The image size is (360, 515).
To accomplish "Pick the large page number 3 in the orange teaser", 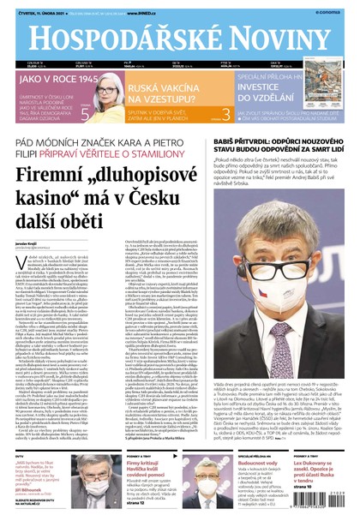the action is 225,113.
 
